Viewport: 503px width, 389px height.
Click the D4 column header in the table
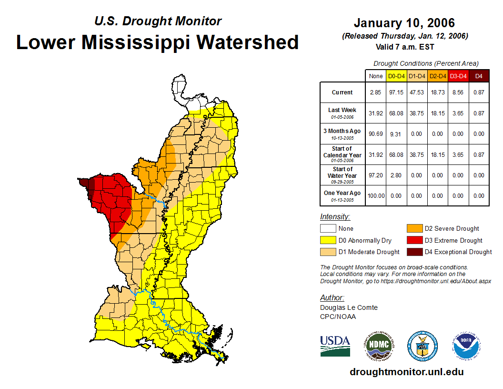[x=479, y=76]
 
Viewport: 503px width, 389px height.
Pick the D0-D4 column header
[x=396, y=76]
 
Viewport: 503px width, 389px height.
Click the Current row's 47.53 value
[x=417, y=92]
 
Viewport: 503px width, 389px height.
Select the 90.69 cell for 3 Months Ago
[x=375, y=134]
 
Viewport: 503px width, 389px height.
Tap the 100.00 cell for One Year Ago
[x=375, y=196]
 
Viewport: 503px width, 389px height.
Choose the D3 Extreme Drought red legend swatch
[x=413, y=240]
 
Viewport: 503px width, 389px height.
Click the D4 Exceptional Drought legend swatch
[x=413, y=252]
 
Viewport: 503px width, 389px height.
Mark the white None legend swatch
[x=327, y=229]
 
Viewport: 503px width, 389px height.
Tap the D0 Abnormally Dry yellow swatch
[x=327, y=240]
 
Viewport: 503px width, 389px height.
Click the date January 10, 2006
[x=404, y=23]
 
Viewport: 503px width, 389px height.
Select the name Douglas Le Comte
[x=349, y=307]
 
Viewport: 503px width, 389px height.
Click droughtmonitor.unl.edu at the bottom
[x=406, y=372]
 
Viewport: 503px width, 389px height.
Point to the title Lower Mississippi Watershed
[x=157, y=42]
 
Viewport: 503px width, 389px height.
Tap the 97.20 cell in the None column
[x=375, y=175]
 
